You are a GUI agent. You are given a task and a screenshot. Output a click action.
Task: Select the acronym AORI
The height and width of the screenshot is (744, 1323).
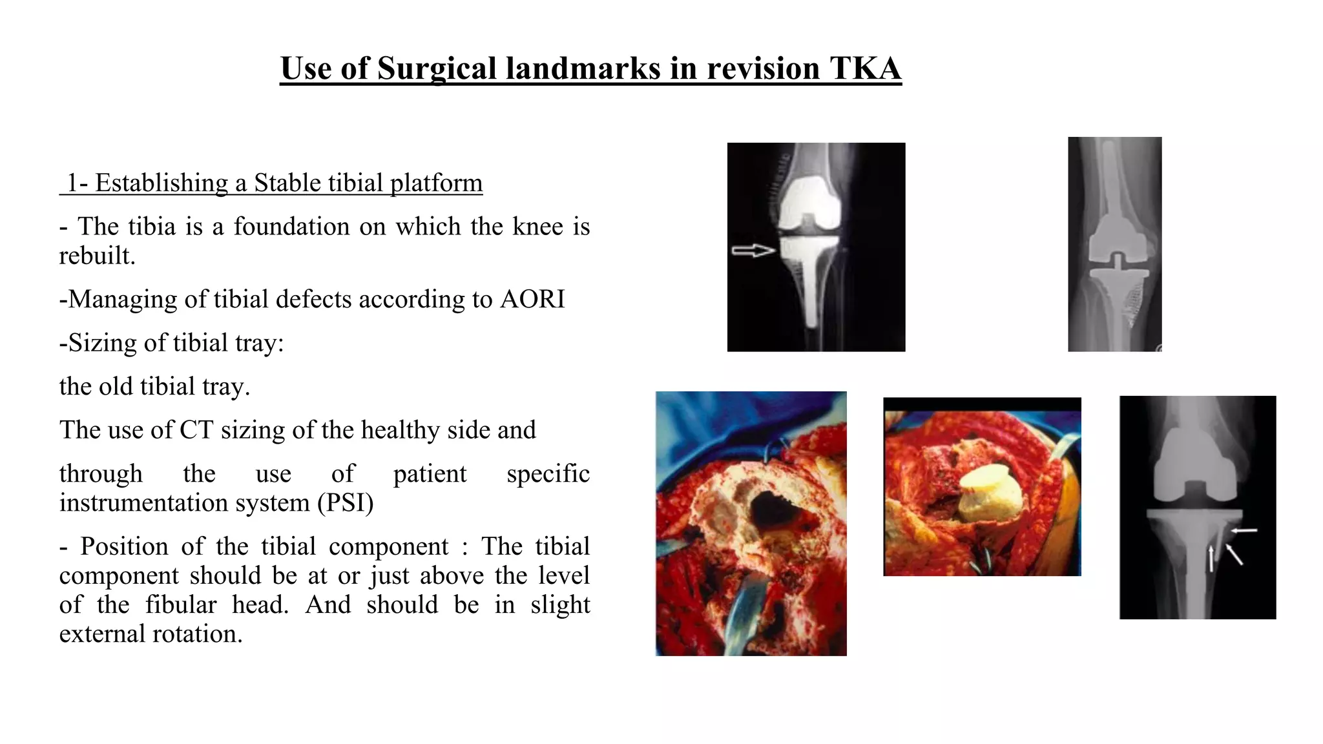(532, 299)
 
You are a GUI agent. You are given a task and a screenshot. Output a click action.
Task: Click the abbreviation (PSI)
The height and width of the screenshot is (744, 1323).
(345, 502)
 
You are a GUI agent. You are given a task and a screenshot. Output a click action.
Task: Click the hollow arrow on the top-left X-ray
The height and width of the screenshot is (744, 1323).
(753, 251)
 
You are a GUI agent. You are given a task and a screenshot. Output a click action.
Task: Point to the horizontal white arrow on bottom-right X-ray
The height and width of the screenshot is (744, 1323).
(1244, 531)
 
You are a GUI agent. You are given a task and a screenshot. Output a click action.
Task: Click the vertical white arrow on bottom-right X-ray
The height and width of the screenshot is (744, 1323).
(1211, 559)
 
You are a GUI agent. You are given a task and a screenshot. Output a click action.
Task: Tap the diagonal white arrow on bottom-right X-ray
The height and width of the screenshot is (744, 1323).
(1234, 554)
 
